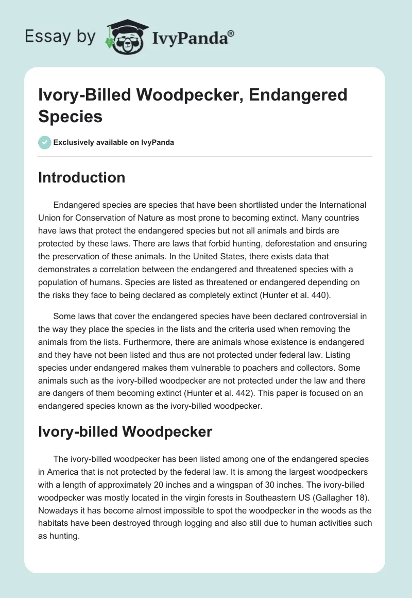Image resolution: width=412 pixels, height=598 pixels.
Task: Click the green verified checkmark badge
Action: click(x=44, y=142)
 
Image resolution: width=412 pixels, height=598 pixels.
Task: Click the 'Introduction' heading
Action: click(x=81, y=177)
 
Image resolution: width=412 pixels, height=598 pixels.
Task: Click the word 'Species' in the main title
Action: click(x=70, y=116)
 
